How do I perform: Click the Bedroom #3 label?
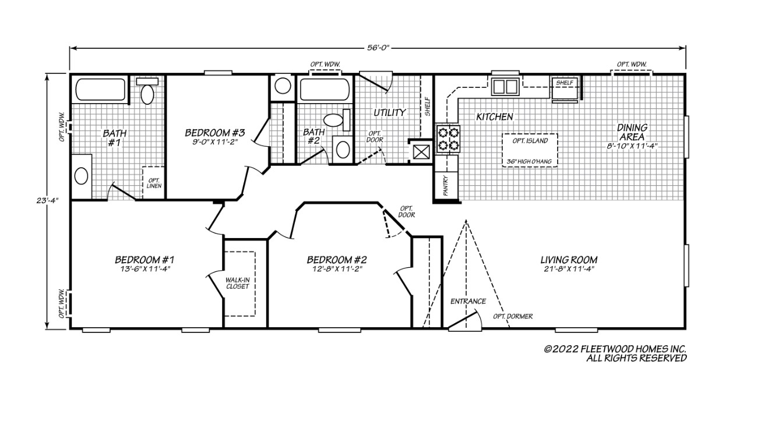pyautogui.click(x=214, y=132)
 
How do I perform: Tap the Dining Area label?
pyautogui.click(x=632, y=132)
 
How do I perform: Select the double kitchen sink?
pyautogui.click(x=505, y=87)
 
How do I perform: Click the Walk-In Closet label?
pyautogui.click(x=238, y=283)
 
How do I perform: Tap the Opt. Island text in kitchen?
pyautogui.click(x=530, y=141)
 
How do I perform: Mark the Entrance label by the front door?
pyautogui.click(x=468, y=301)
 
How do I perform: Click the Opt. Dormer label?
pyautogui.click(x=513, y=316)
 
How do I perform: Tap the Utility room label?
pyautogui.click(x=389, y=112)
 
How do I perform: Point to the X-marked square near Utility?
pyautogui.click(x=420, y=151)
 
